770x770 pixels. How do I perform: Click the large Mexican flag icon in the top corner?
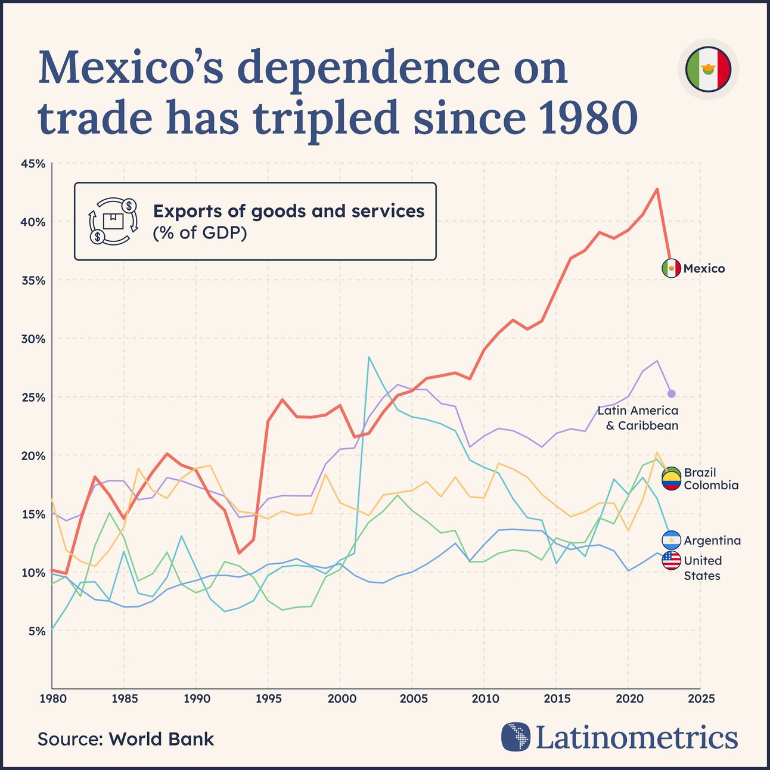[x=708, y=69]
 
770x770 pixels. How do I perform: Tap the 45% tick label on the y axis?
[x=33, y=163]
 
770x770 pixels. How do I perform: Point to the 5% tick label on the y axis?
[x=36, y=631]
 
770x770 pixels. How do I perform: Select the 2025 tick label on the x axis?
[x=700, y=698]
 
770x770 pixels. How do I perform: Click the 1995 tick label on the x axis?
[x=268, y=698]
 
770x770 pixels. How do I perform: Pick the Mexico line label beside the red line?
[x=704, y=269]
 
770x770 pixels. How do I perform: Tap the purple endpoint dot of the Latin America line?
[x=671, y=393]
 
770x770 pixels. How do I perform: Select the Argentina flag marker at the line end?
[x=671, y=540]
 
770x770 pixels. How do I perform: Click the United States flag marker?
[x=671, y=560]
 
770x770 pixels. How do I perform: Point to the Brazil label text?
[x=700, y=472]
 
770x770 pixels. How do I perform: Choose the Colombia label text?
[x=710, y=485]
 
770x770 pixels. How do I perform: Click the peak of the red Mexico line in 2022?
[x=657, y=189]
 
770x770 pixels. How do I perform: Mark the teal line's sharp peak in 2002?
[x=369, y=357]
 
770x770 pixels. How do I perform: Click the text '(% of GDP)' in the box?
[x=200, y=233]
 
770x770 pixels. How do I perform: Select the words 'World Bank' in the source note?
[x=161, y=739]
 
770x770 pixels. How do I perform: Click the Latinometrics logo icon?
[x=516, y=737]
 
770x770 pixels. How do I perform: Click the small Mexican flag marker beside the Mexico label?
[x=671, y=269]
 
